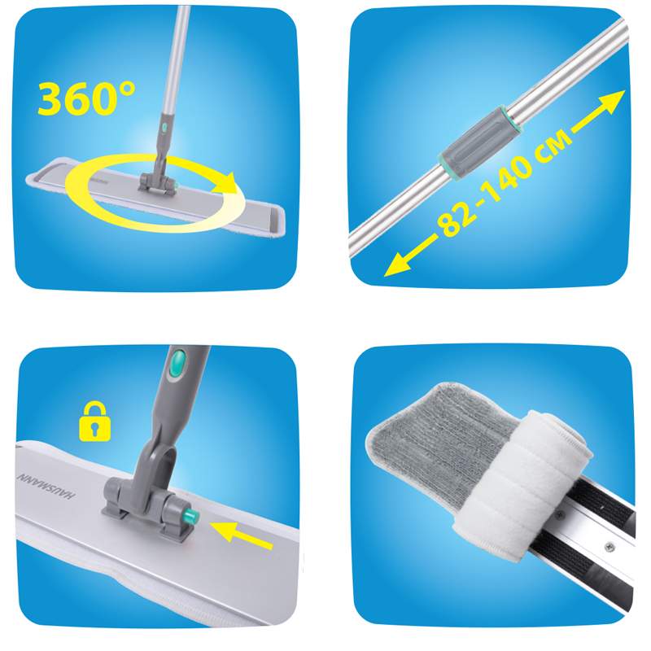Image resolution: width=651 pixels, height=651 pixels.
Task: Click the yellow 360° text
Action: pyautogui.click(x=86, y=98)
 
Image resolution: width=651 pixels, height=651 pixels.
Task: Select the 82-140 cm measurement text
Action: pyautogui.click(x=505, y=183)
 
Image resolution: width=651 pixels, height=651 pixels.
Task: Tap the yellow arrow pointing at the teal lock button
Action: pyautogui.click(x=242, y=535)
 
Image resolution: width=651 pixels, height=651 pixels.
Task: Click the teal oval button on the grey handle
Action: pyautogui.click(x=178, y=360)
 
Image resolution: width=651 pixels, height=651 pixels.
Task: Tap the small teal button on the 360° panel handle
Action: pyautogui.click(x=165, y=125)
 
